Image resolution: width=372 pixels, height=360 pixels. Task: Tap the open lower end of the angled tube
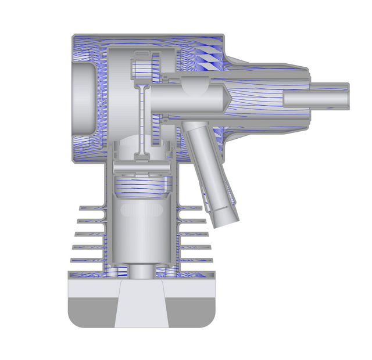225,220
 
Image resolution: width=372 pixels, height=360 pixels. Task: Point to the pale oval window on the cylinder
139,210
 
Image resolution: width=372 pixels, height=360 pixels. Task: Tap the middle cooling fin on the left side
88,234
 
